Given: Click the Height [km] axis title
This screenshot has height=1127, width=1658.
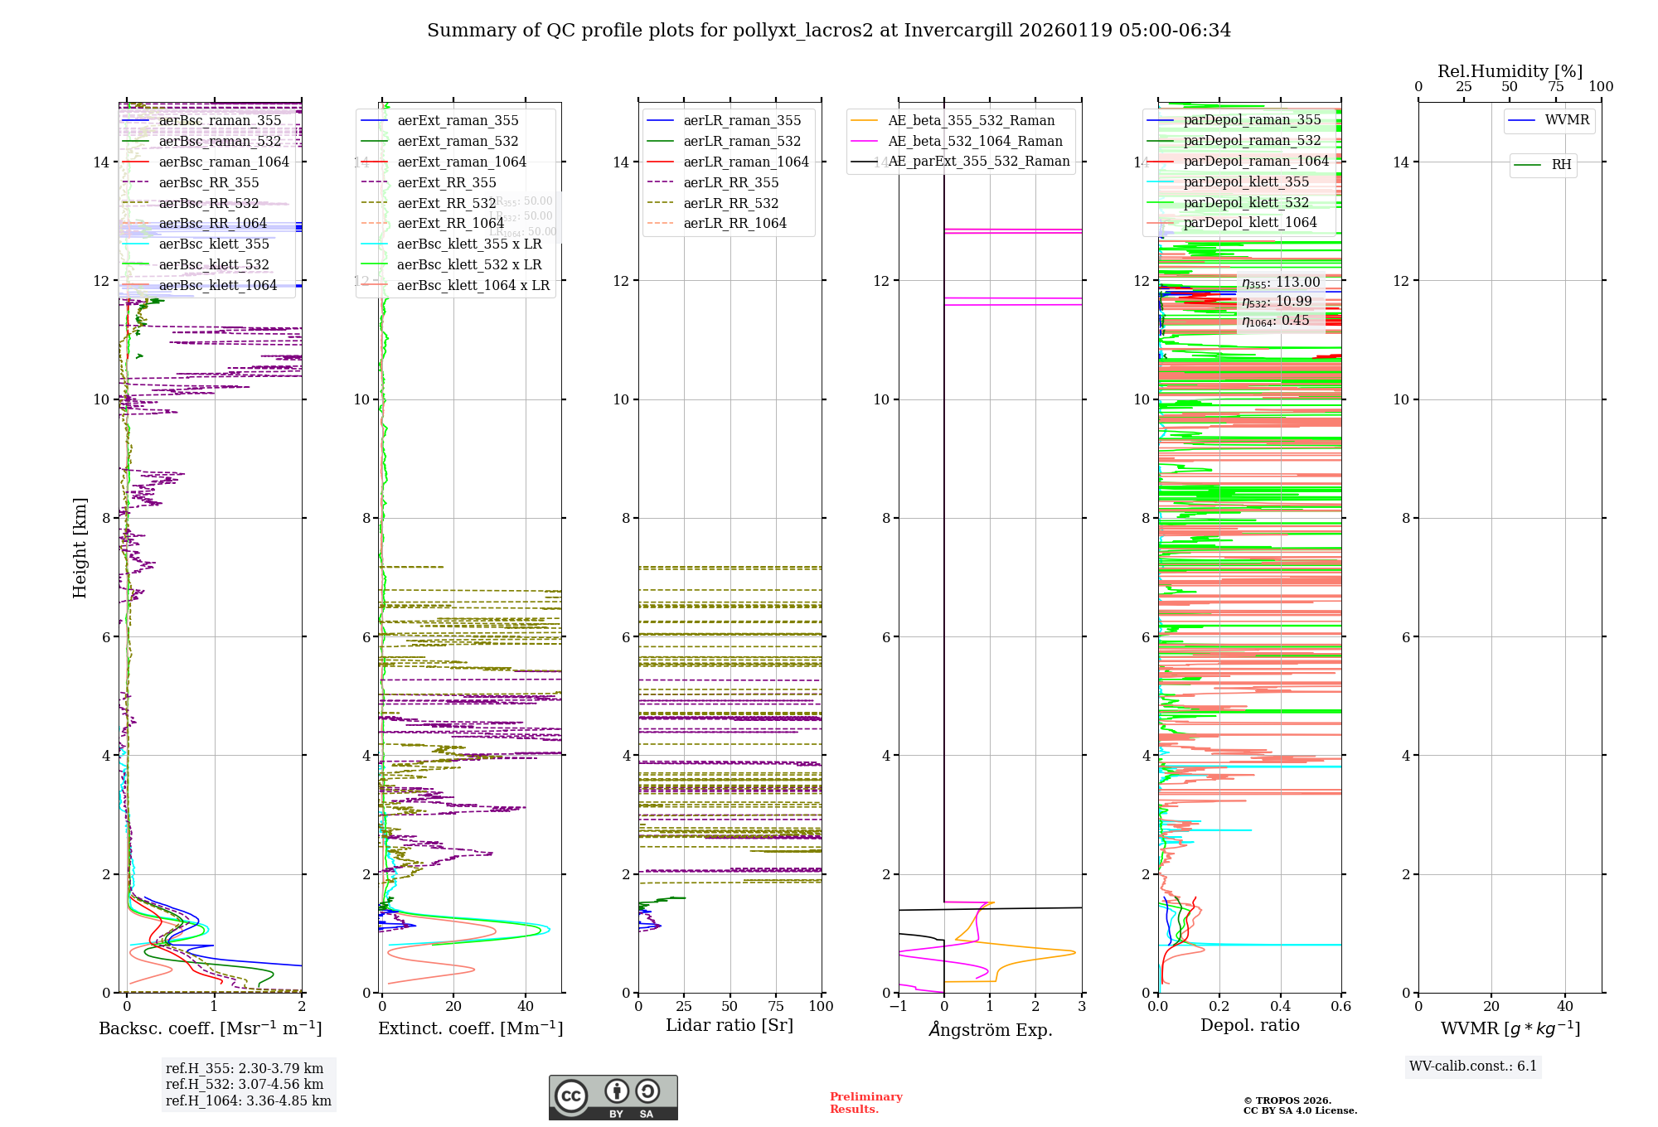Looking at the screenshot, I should click(x=80, y=547).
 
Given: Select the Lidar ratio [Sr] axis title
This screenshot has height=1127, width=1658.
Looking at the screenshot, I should click(x=730, y=1025).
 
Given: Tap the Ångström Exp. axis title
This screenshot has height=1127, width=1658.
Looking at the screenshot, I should click(x=990, y=1029).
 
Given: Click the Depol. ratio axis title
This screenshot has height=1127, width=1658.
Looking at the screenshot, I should click(x=1249, y=1025).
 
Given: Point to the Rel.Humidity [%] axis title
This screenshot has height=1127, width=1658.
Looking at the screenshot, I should click(x=1510, y=71).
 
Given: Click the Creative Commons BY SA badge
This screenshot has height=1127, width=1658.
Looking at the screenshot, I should click(x=613, y=1097).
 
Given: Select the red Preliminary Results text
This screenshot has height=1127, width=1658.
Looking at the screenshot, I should click(x=865, y=1102).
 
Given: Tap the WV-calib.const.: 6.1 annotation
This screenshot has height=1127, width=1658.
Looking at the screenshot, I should click(x=1473, y=1066).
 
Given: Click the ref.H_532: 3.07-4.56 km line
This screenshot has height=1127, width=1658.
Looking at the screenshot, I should click(x=245, y=1084).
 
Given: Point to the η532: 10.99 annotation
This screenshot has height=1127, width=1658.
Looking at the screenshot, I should click(x=1277, y=302).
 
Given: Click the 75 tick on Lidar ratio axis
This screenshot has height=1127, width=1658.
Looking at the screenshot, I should click(x=776, y=1006).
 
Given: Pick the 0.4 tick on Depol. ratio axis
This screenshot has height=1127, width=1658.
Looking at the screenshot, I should click(x=1280, y=1006).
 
